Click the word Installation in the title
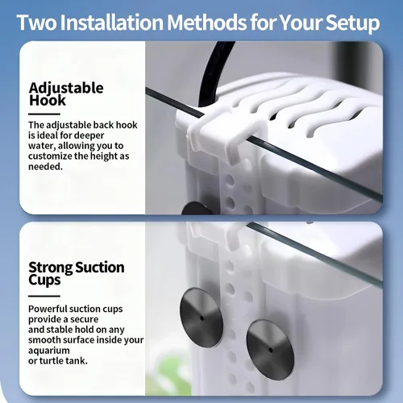tap(111, 22)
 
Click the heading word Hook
tap(48, 100)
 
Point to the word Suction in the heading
tap(100, 268)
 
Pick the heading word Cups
tap(44, 280)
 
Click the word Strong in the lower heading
tap(51, 268)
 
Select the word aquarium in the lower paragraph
tap(49, 351)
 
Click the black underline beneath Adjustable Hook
tap(44, 114)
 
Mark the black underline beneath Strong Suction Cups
tap(44, 296)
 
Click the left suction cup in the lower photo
tap(201, 318)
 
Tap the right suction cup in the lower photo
tap(270, 350)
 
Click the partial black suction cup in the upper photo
tap(197, 208)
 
